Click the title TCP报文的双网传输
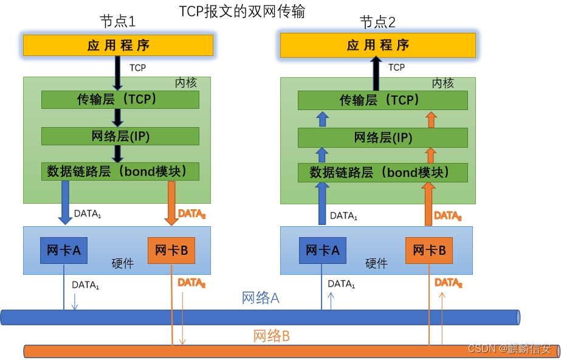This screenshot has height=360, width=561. tap(241, 12)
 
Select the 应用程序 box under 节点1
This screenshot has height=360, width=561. tap(118, 45)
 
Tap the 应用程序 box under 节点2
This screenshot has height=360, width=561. tap(377, 45)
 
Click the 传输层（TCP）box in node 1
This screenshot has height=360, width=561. tap(120, 100)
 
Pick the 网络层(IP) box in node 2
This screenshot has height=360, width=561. tap(383, 138)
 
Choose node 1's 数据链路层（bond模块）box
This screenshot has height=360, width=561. tap(120, 171)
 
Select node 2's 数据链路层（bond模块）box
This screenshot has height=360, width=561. tap(383, 173)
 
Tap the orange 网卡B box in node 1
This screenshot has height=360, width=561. tap(171, 250)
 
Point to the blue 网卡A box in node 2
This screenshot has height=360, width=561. tap(322, 250)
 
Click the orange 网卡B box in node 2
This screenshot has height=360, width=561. tap(429, 250)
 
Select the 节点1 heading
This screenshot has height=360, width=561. tap(117, 22)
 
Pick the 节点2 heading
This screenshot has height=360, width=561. tap(377, 23)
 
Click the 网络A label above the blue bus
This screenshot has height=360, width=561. tap(260, 298)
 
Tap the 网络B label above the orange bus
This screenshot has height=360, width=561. tap(271, 335)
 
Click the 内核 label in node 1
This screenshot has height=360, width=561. tap(185, 83)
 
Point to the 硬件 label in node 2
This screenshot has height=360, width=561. tap(376, 263)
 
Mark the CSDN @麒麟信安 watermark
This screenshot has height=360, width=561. tap(509, 349)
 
